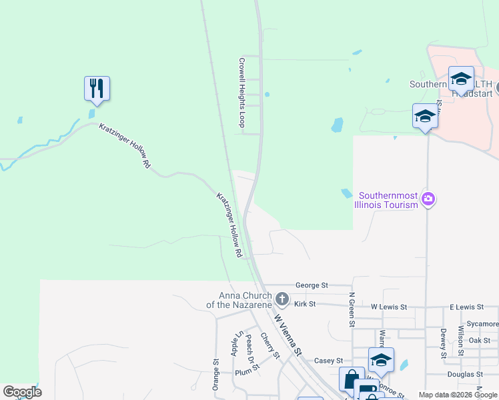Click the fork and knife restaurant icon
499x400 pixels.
click(97, 88)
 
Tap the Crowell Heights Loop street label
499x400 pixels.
click(243, 92)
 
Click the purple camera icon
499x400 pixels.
click(428, 199)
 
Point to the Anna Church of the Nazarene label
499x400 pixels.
click(245, 300)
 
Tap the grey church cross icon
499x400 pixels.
click(282, 299)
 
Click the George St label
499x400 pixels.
click(312, 285)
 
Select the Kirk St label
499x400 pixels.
click(304, 304)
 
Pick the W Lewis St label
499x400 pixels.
click(388, 307)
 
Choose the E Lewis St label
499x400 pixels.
click(466, 307)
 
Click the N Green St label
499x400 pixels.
click(352, 309)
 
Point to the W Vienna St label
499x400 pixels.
click(288, 335)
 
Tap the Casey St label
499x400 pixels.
click(328, 361)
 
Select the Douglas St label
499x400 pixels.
click(465, 375)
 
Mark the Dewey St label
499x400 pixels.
click(442, 343)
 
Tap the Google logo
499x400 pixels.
click(22, 392)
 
